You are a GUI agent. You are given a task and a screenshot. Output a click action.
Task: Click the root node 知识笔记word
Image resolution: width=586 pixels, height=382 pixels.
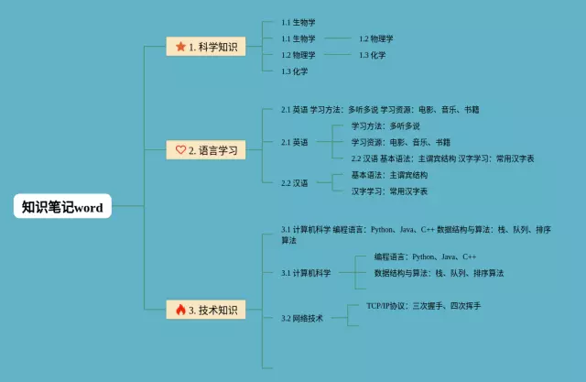coord(62,208)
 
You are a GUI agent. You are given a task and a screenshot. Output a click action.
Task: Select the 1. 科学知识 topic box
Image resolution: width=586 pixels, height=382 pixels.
coord(206,46)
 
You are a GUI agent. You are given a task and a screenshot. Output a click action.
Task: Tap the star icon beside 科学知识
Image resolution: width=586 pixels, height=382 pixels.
coord(179,46)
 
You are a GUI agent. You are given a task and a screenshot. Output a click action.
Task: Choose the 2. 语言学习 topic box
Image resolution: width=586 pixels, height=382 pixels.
coord(206,149)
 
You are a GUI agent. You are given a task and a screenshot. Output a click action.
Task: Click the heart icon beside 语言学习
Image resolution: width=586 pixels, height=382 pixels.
coord(179,149)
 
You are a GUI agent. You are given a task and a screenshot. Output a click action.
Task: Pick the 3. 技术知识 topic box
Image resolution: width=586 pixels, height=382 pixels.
coord(206,311)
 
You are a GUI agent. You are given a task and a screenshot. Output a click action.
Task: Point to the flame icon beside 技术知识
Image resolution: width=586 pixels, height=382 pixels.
coord(179,311)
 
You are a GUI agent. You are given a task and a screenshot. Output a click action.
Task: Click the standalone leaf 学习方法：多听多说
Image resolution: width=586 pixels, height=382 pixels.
coord(385,126)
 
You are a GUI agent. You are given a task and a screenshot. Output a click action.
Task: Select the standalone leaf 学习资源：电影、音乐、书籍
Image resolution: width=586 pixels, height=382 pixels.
coord(400,142)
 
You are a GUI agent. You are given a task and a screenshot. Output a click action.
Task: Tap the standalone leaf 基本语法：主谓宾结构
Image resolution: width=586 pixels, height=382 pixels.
coord(389,174)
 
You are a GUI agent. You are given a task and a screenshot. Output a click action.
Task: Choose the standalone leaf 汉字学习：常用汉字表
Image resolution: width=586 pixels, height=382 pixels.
coord(389,191)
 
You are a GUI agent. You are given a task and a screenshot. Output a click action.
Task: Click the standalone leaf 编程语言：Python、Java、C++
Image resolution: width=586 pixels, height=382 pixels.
coord(425,256)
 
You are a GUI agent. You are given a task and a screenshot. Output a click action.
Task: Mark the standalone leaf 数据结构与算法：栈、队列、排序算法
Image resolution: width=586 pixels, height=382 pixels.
coord(439,273)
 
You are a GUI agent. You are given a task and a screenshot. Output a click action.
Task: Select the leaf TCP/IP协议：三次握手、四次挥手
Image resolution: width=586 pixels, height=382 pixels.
coord(423,305)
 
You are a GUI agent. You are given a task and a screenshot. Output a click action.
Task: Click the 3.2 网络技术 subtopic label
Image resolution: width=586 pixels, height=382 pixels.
coord(302,319)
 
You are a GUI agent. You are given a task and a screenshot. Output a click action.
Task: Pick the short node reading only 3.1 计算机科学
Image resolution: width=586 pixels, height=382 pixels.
coord(306,273)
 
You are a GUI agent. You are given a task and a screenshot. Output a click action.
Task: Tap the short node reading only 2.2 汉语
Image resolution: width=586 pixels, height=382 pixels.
coord(295,183)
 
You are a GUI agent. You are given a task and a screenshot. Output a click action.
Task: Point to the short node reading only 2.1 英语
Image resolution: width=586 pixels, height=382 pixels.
coord(295,142)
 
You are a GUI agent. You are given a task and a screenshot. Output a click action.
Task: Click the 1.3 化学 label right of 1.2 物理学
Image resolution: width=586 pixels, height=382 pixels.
coord(372,55)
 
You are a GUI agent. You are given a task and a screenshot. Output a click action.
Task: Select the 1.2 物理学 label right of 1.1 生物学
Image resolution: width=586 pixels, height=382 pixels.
coord(375,38)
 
